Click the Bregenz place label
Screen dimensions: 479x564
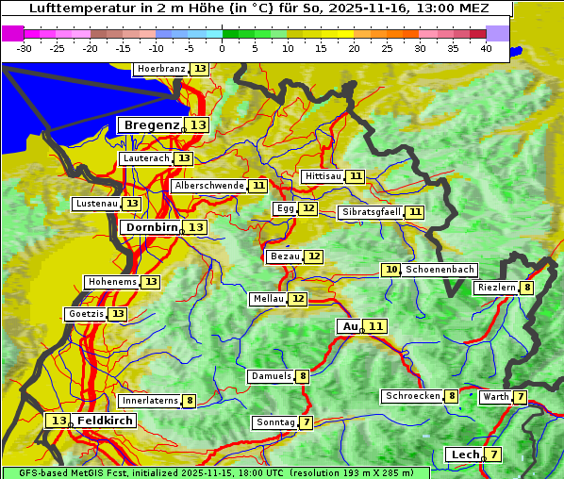pos(150,125)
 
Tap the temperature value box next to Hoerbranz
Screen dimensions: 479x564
pos(200,70)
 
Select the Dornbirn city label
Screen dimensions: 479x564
pos(149,227)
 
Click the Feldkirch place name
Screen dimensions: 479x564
pos(106,421)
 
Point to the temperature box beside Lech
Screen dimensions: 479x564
pos(493,454)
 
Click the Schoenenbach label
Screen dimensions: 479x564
pos(440,270)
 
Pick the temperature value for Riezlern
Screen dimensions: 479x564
pos(527,288)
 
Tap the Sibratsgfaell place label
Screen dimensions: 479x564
pos(371,212)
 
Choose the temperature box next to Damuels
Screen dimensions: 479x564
pos(303,376)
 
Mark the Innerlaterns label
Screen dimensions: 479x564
pos(150,401)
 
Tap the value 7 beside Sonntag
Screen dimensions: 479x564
pos(307,422)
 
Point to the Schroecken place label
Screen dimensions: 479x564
pos(413,396)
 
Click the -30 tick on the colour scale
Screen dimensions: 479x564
pos(25,48)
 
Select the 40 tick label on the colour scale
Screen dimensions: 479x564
pos(486,48)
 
